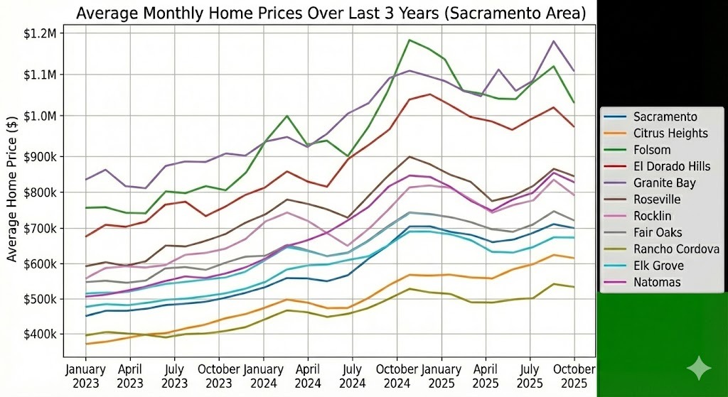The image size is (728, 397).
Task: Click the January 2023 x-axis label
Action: [x=85, y=376]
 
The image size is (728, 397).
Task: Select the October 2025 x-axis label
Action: [x=573, y=376]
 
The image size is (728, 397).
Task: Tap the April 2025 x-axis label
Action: [x=485, y=376]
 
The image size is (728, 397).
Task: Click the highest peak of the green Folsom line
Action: [x=409, y=40]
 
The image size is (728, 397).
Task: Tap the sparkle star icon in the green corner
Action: [x=699, y=368]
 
